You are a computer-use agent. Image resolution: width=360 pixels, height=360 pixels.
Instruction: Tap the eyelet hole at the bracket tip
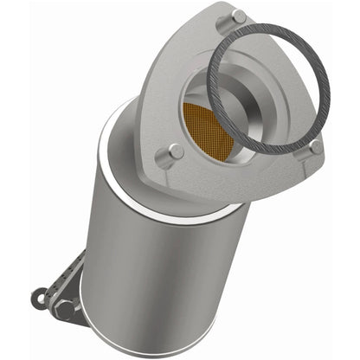tap(38, 298)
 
